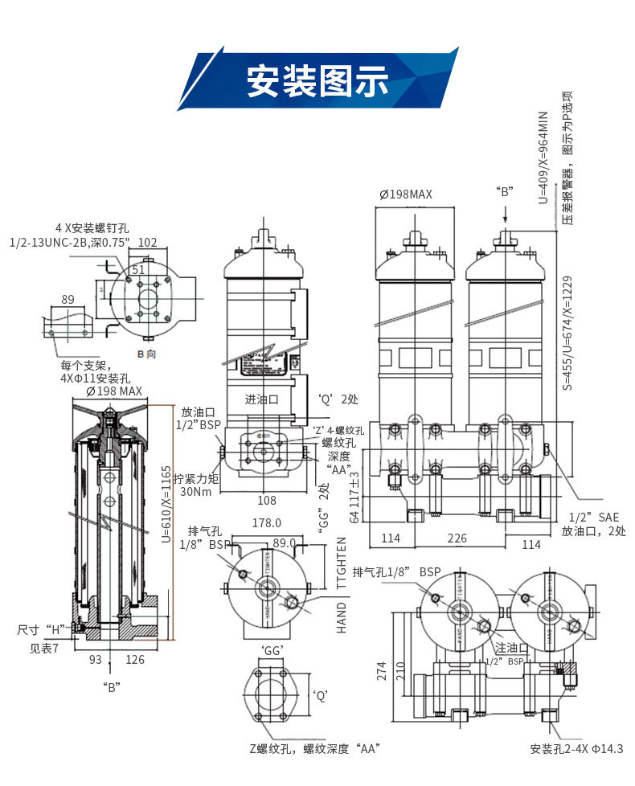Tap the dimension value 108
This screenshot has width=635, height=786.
pyautogui.click(x=267, y=501)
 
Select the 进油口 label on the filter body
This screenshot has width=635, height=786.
pyautogui.click(x=261, y=399)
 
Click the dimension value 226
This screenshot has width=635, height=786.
pyautogui.click(x=457, y=538)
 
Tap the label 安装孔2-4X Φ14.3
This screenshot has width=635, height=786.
pyautogui.click(x=576, y=749)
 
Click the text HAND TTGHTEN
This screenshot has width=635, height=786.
pyautogui.click(x=342, y=584)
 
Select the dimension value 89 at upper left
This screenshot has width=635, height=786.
pyautogui.click(x=68, y=300)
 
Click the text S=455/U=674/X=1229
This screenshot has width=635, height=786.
pyautogui.click(x=567, y=334)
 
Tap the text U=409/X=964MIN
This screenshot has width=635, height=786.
pyautogui.click(x=543, y=158)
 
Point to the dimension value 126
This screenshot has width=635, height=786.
pyautogui.click(x=134, y=660)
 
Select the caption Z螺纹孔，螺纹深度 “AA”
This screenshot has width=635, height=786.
pyautogui.click(x=314, y=749)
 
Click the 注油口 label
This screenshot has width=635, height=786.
pyautogui.click(x=511, y=647)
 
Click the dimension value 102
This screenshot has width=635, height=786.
pyautogui.click(x=148, y=242)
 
